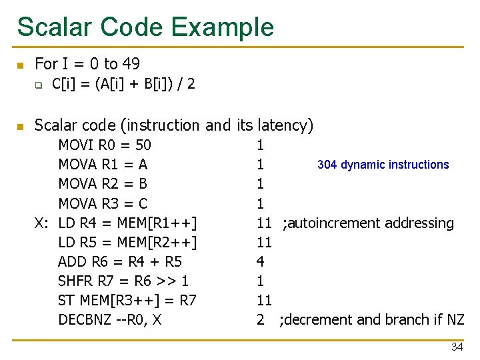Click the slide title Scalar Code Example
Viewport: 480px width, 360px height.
point(145,27)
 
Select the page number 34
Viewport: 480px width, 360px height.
point(457,347)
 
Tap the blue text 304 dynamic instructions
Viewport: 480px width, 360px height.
point(383,165)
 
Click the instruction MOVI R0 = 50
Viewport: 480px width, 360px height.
point(105,145)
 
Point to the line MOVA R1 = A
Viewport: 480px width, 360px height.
point(103,165)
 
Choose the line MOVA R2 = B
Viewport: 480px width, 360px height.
point(103,184)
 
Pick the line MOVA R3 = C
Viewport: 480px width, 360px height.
point(103,203)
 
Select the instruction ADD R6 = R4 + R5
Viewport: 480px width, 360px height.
point(120,261)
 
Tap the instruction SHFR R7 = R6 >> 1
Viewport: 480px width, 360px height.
point(123,281)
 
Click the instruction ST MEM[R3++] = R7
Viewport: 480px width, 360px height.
point(127,300)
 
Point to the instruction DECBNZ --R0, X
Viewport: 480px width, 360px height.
point(110,319)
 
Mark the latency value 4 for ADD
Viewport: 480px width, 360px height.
point(260,261)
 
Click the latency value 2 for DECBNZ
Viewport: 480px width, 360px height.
point(260,319)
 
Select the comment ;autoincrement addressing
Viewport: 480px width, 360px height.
point(368,223)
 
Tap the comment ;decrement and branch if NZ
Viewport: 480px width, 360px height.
point(372,319)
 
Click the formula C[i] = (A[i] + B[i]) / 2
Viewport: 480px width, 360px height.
point(123,85)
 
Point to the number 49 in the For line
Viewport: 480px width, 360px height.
point(131,64)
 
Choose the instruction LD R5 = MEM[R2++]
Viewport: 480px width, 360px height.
point(127,242)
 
